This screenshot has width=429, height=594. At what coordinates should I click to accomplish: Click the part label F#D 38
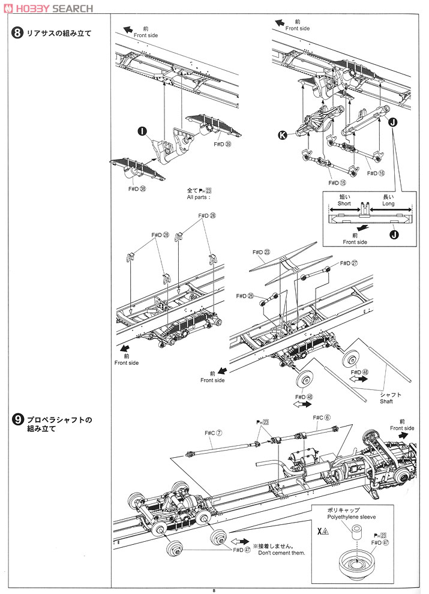pyautogui.click(x=137, y=188)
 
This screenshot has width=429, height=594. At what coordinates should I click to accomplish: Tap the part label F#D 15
pyautogui.click(x=338, y=182)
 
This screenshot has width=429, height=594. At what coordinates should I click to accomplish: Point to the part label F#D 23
pyautogui.click(x=262, y=253)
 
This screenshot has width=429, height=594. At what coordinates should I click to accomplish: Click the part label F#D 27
pyautogui.click(x=349, y=263)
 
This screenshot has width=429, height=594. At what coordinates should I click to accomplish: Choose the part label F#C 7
pyautogui.click(x=214, y=433)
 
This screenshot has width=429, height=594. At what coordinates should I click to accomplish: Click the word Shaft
pyautogui.click(x=386, y=401)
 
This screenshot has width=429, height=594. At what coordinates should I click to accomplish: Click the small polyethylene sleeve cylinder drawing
pyautogui.click(x=359, y=532)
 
